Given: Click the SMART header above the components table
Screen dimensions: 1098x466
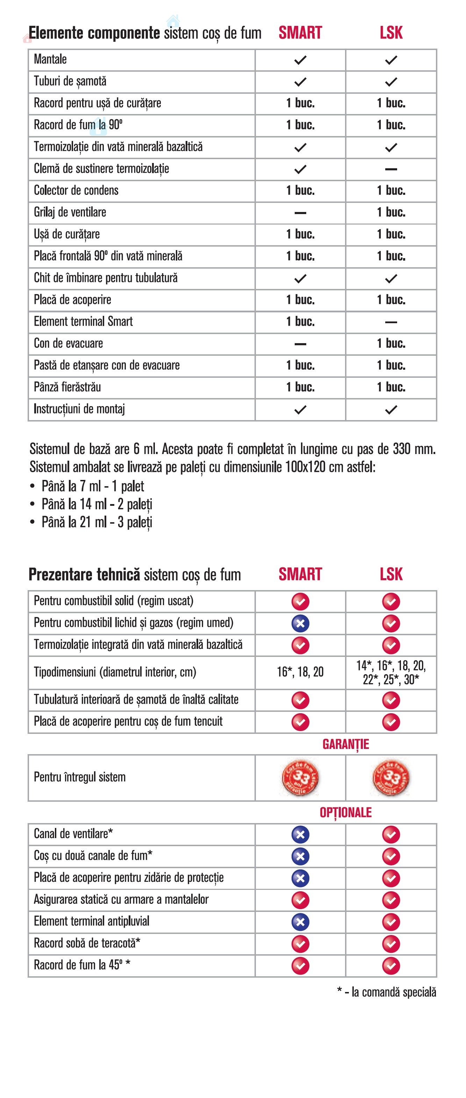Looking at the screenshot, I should point(300,33).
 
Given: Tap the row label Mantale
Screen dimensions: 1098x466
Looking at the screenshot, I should point(50,59).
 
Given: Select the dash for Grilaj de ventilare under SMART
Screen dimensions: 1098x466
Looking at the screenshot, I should point(300,213).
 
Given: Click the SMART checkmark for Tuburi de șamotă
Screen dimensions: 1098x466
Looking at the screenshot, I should point(300,82).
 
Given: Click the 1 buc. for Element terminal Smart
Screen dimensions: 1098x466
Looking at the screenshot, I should point(300,321).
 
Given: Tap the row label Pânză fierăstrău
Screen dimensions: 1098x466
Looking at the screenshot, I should point(67,387).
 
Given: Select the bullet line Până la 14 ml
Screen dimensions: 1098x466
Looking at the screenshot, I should point(97,504).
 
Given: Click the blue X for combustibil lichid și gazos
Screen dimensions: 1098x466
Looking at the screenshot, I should point(300,623).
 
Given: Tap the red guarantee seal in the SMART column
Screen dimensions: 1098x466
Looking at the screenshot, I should point(300,778).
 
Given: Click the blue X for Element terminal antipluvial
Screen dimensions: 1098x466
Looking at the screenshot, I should point(300,922).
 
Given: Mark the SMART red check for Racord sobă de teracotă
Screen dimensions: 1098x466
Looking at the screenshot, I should point(300,944).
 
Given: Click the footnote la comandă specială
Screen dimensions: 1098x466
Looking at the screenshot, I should point(387,992).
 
